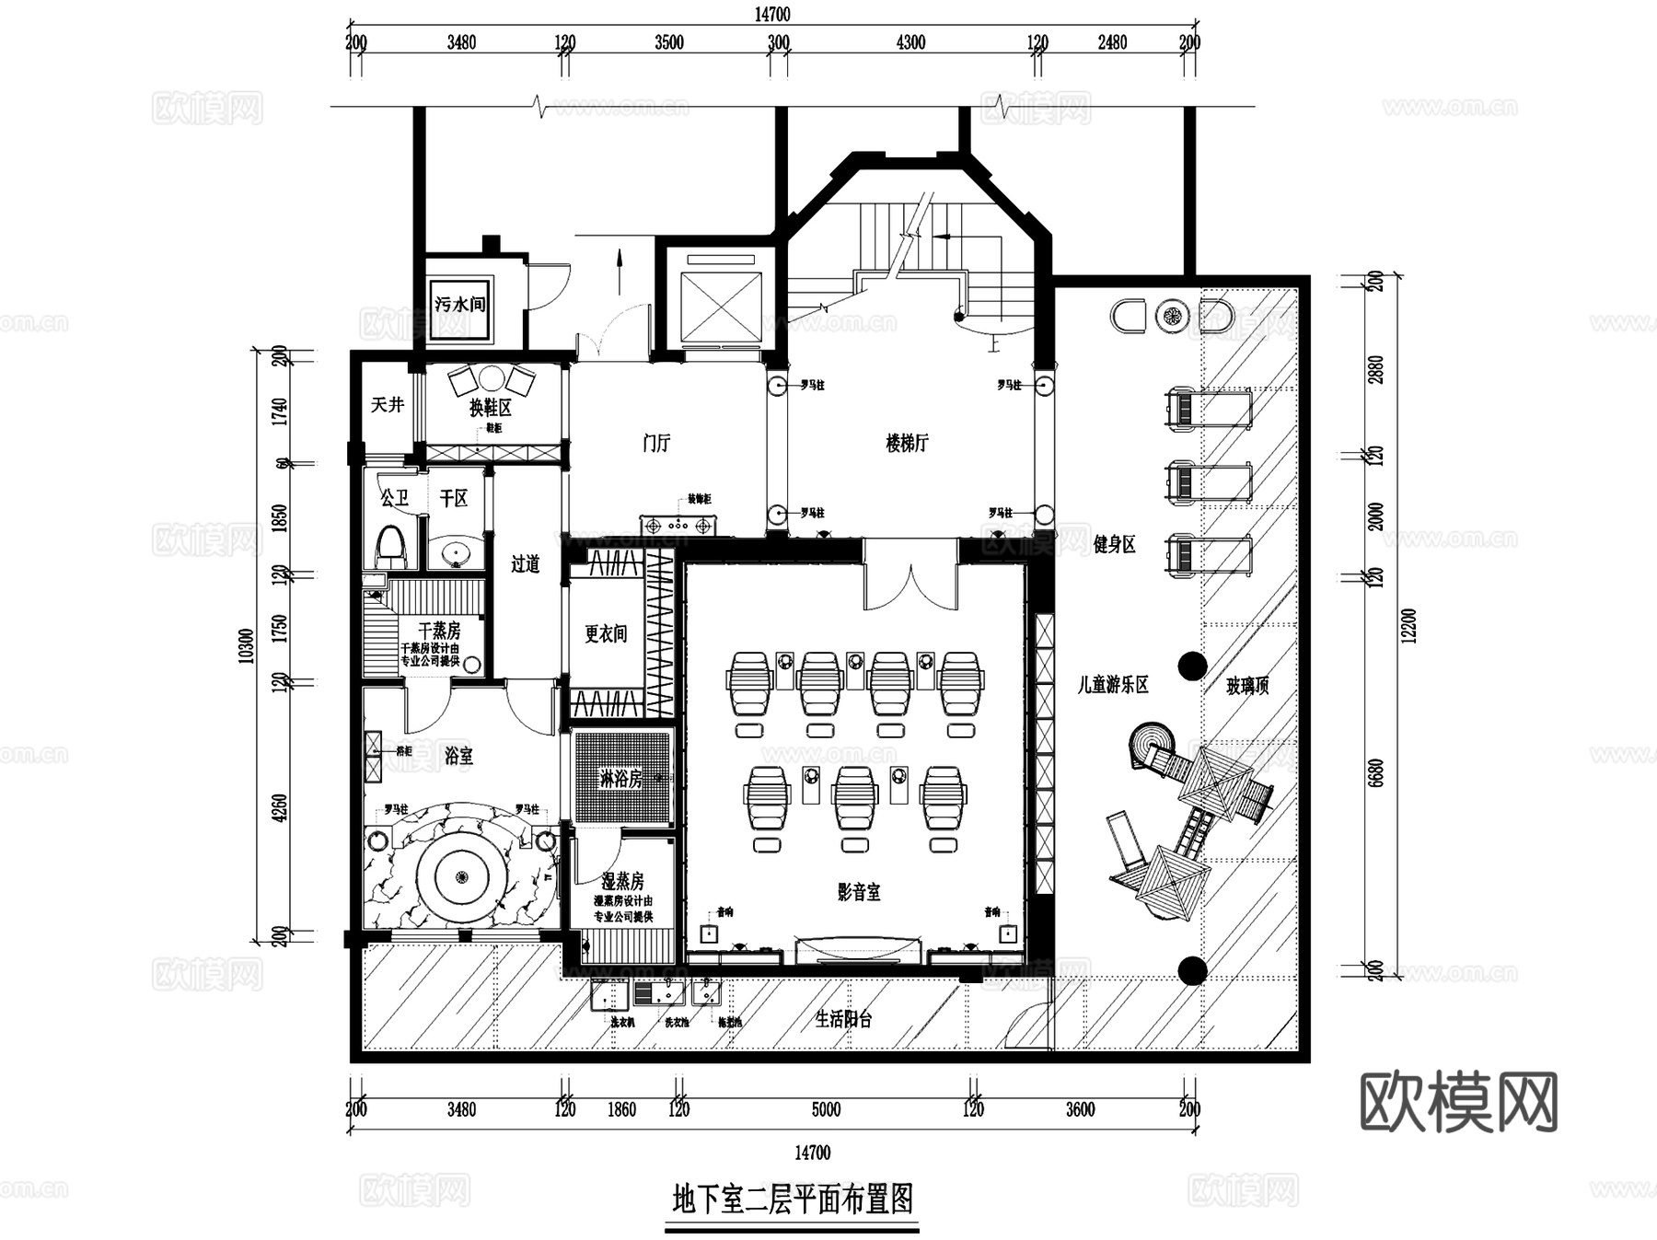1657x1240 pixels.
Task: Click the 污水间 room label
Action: click(459, 304)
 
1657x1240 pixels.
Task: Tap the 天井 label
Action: click(388, 404)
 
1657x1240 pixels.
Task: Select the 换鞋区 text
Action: click(490, 407)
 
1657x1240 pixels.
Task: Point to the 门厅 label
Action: click(656, 443)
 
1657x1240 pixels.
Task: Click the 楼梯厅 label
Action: click(907, 443)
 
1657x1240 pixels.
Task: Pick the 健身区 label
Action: click(1114, 544)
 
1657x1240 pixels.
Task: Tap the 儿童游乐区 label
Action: click(1113, 685)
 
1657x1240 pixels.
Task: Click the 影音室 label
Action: click(859, 891)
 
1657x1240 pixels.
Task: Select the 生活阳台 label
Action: click(843, 1019)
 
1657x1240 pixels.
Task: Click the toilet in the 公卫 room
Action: click(391, 547)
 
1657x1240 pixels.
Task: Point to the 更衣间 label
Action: click(606, 633)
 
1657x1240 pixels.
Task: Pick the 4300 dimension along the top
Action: click(910, 42)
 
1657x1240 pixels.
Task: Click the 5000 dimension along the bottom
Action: click(826, 1109)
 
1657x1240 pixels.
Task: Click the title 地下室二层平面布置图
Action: click(793, 1199)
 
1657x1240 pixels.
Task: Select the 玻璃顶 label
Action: click(1247, 685)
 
